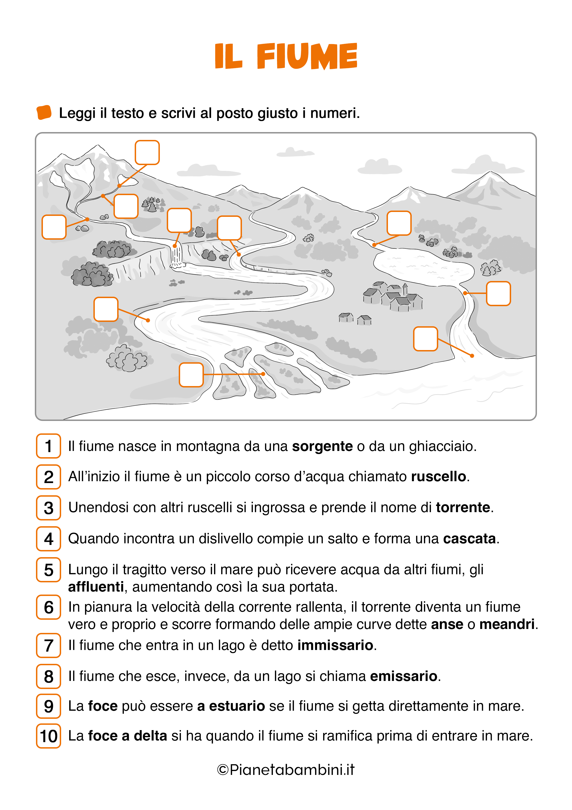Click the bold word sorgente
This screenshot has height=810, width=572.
coord(322,446)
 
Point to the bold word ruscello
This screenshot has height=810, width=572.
coord(438,477)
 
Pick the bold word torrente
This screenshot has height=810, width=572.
coord(463,507)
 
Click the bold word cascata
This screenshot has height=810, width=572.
coord(469,539)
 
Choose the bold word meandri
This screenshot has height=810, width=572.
coord(507,624)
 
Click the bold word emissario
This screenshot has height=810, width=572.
coord(404,676)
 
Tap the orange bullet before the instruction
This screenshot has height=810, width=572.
coord(44,112)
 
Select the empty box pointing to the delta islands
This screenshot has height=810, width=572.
coord(191,375)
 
